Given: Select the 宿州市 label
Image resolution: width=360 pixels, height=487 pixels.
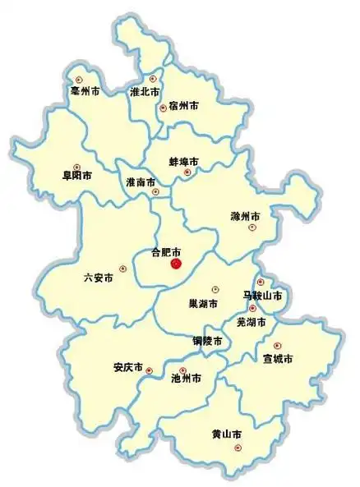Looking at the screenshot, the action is point(183,105).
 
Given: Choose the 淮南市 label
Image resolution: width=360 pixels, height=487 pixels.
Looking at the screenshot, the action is point(141,181).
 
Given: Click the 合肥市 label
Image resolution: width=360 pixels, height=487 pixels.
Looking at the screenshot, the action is point(167,252).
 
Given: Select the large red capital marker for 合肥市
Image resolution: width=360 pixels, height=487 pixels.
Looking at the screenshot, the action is point(175,264).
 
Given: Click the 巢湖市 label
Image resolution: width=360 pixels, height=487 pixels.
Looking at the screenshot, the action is point(203,304).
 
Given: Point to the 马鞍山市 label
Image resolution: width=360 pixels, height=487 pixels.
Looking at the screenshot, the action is point(262,295).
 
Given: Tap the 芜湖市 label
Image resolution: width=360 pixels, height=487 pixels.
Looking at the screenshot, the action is point(251,322).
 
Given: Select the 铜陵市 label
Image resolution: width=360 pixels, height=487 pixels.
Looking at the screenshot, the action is point(208,339).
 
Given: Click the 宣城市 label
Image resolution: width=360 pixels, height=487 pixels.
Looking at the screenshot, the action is point(278,359).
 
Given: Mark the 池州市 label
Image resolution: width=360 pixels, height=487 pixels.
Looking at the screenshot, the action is point(186,379).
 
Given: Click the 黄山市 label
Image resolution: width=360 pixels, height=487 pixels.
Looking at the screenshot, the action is point(226,433).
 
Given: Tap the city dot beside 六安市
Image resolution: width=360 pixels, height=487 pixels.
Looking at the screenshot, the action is point(122,268).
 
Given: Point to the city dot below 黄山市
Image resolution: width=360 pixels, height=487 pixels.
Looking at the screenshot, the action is point(238,448).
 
